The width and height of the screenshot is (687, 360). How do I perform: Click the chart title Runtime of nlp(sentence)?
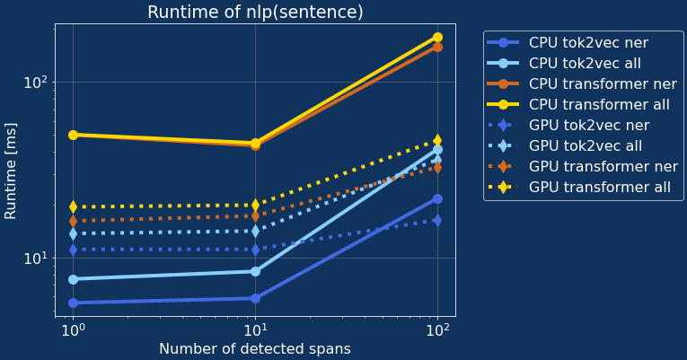coord(255,13)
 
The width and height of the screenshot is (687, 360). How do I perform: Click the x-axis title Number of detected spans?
coord(255,348)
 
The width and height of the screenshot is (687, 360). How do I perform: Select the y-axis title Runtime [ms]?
coord(11,173)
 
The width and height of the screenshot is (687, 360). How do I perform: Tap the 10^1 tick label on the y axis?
coord(32,259)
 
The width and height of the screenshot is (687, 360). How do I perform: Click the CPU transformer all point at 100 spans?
coord(437,37)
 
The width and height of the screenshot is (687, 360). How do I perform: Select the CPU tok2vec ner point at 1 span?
coord(73,303)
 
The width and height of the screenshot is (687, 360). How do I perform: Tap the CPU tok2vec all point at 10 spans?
coord(255,271)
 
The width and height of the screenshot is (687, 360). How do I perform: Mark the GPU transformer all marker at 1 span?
coord(73,206)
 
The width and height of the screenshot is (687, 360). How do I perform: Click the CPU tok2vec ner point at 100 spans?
coord(437,198)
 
